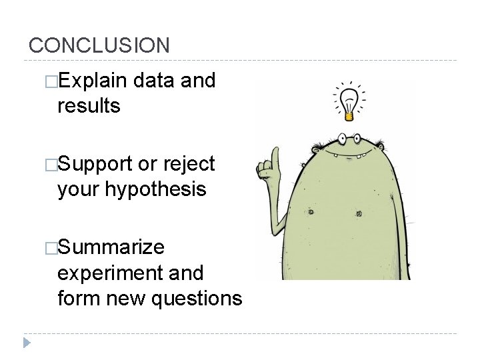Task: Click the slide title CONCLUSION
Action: (x=99, y=45)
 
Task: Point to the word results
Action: (x=89, y=105)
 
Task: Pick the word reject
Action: (x=188, y=165)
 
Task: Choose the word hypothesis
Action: (x=155, y=190)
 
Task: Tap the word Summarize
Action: (x=111, y=247)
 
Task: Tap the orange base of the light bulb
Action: (x=348, y=116)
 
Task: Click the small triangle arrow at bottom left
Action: (x=27, y=343)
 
